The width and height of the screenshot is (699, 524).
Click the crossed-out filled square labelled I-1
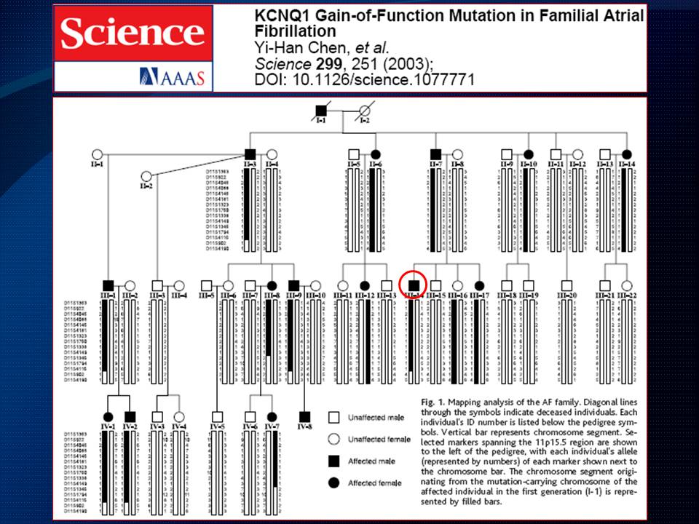coord(320,112)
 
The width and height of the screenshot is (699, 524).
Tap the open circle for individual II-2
coord(146,177)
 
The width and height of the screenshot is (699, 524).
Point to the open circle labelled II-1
coord(95,154)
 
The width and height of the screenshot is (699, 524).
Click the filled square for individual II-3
coord(250,154)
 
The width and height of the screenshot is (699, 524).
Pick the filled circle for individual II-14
coord(626,154)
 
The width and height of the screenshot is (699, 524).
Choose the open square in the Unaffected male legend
coord(334,418)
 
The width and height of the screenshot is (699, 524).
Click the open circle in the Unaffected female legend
coord(334,439)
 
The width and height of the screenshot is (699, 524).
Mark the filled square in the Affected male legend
coord(334,461)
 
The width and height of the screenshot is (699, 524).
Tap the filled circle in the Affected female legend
coord(334,482)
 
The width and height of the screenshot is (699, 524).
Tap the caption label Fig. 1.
coord(434,402)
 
